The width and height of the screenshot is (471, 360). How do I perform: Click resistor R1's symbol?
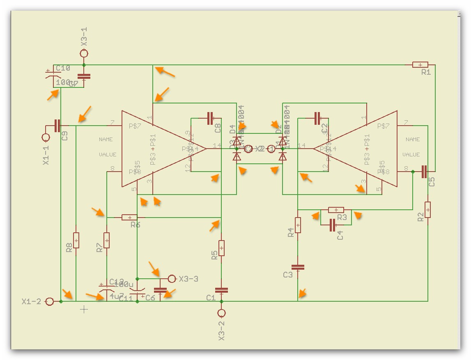[420, 65]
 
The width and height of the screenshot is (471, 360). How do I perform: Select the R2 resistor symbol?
[427, 210]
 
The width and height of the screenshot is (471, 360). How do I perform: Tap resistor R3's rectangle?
[336, 210]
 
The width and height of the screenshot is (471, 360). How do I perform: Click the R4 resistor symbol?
[298, 225]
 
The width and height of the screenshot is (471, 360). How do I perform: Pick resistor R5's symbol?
[221, 248]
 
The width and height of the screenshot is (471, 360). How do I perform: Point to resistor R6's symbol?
[129, 217]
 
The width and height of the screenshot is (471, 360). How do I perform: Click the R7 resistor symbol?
[107, 240]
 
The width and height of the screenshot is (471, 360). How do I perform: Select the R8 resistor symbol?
[76, 240]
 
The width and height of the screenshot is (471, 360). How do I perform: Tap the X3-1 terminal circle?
[84, 53]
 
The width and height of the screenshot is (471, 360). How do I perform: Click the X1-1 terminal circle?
[46, 137]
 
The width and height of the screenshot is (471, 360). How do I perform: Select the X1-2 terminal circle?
[49, 302]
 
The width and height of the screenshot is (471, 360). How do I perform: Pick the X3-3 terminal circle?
[172, 279]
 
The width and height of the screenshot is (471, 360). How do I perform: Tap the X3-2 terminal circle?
[221, 314]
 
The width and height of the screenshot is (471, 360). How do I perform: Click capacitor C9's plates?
[57, 126]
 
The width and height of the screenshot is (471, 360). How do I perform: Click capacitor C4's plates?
[333, 225]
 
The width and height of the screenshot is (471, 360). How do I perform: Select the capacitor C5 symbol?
[424, 172]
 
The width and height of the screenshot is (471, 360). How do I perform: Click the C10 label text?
[63, 68]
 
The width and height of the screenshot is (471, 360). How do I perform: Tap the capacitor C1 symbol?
[221, 290]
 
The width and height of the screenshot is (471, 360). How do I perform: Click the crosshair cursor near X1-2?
[84, 309]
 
